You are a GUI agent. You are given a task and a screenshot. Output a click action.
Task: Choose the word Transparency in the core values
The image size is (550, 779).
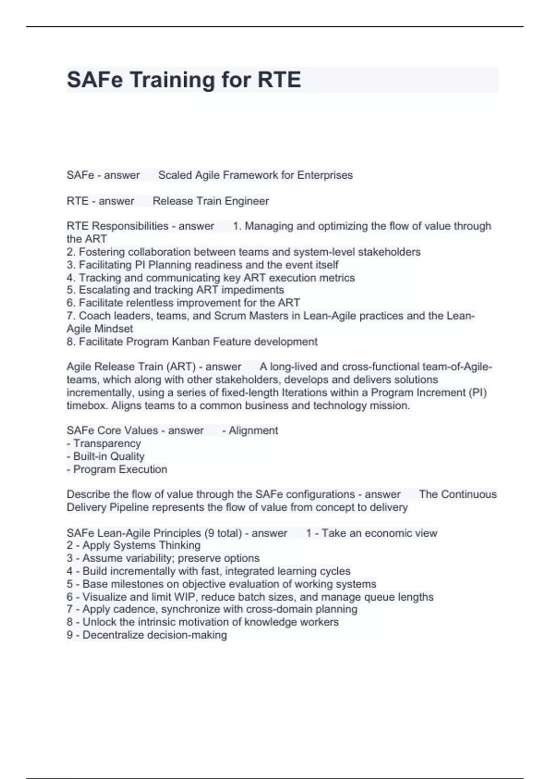[107, 444]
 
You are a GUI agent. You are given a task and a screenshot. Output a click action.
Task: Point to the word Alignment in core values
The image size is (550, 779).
[253, 431]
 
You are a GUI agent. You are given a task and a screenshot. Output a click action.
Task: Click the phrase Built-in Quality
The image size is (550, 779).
[109, 456]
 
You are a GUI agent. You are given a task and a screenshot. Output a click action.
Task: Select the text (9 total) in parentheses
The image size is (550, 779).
[223, 533]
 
